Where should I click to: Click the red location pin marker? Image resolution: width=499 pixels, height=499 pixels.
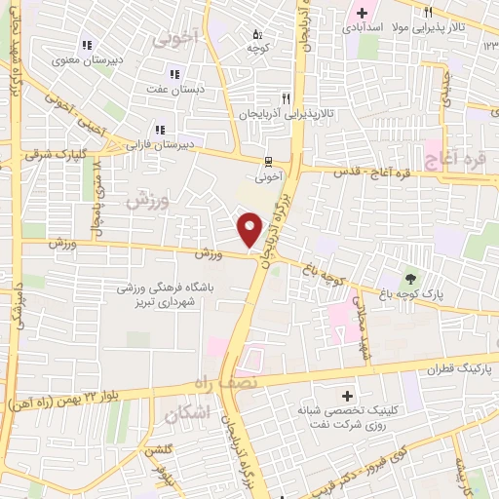250,229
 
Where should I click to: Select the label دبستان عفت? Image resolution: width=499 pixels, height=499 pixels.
174,89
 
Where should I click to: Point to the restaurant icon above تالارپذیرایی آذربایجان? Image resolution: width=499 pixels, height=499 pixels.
286,98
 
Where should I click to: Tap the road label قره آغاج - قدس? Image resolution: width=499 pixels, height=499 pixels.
371,173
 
